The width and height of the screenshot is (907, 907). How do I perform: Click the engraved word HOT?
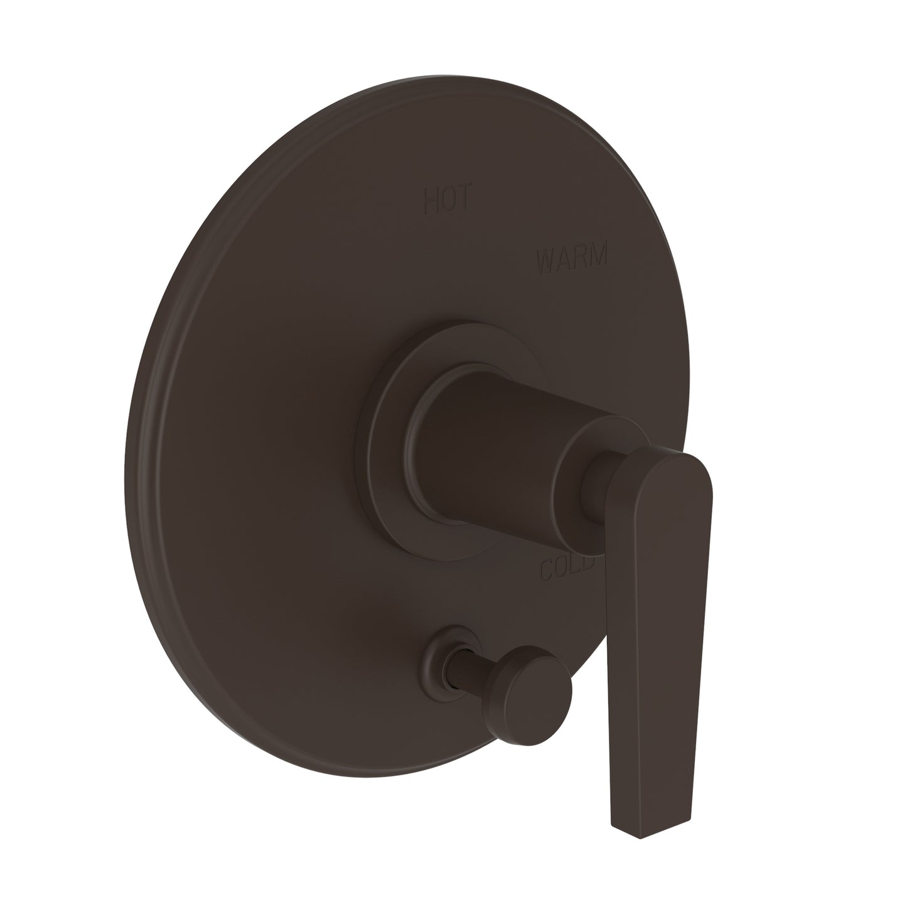tap(446, 199)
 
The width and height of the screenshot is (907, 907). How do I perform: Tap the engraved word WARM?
tap(571, 259)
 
